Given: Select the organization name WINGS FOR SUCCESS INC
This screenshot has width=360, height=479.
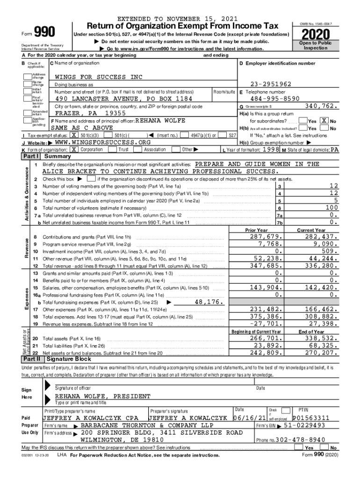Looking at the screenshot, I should (x=99, y=77).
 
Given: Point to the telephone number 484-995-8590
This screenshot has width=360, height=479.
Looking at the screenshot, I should (x=274, y=99).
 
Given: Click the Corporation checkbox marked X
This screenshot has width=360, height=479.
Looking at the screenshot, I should (x=73, y=149).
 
